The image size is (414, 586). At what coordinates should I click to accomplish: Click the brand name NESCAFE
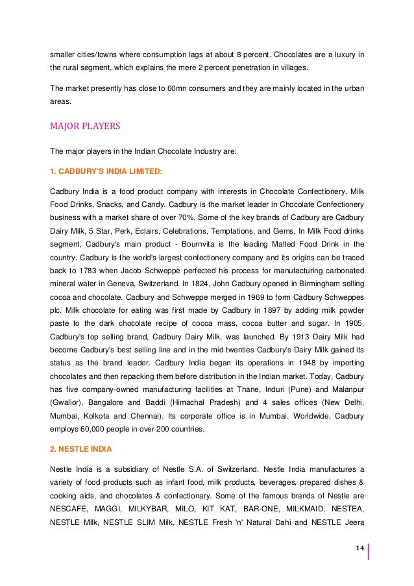(x=69, y=509)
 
